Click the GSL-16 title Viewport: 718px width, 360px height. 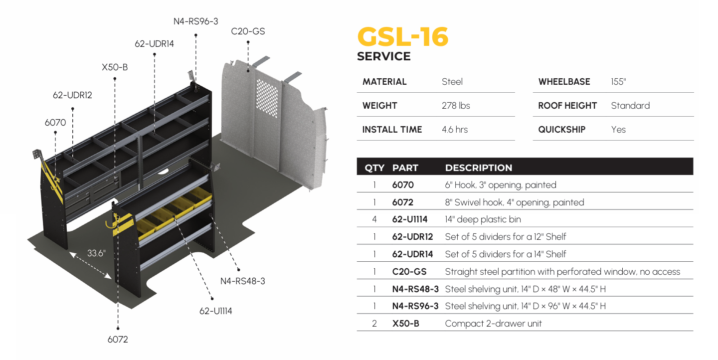(403, 37)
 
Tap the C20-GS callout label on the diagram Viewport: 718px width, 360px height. (248, 31)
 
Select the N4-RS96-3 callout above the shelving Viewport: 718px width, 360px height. (195, 21)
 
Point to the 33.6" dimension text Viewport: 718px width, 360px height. (96, 253)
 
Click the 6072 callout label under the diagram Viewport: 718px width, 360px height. (118, 340)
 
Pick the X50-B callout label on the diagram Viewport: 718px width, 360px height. (115, 67)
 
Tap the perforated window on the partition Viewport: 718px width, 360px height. (267, 97)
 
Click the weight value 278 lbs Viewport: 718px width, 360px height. (456, 106)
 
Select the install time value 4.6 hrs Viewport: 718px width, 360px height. (455, 130)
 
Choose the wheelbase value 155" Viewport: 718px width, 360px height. (618, 82)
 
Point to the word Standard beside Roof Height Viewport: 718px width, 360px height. (630, 106)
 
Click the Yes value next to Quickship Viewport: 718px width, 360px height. (618, 130)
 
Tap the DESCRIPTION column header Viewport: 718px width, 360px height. (479, 168)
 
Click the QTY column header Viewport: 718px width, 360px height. (374, 168)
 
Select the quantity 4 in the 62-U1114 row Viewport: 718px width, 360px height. (374, 219)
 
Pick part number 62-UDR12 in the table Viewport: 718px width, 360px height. (412, 237)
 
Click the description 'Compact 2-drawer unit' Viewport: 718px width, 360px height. (493, 324)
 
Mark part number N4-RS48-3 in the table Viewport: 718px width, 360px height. (415, 289)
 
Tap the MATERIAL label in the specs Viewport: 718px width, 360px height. (384, 82)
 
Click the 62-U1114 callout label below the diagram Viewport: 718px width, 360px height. (216, 311)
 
